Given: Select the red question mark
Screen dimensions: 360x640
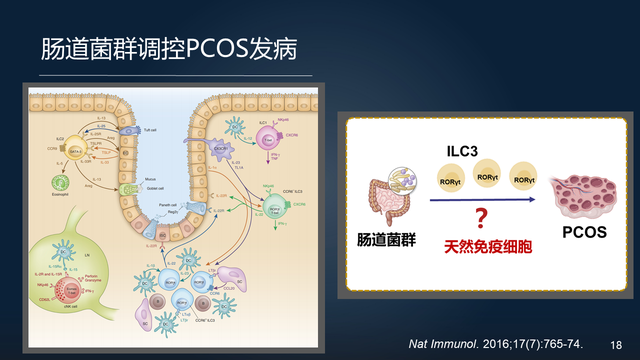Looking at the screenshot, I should [x=481, y=217].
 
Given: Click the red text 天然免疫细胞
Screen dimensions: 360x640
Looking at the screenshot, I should [x=483, y=244].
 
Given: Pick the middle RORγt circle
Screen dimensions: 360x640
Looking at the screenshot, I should [x=487, y=176].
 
